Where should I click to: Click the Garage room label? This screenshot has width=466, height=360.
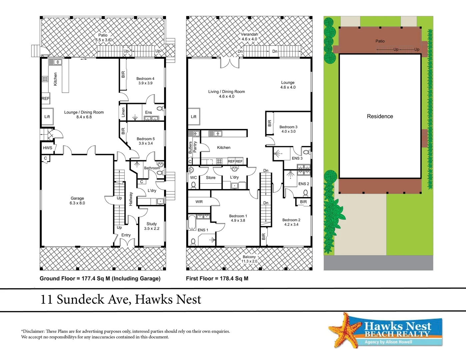coord(77,200)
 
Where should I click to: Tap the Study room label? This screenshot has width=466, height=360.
coord(152,226)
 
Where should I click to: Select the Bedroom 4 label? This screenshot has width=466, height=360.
coord(145,81)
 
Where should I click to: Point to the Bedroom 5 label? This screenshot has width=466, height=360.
coord(146,141)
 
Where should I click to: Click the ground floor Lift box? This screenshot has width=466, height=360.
coord(47,117)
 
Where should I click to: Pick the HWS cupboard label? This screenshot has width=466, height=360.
coord(47,148)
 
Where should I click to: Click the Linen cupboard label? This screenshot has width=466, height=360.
coord(123,112)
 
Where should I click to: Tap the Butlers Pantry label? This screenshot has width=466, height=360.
coord(193,147)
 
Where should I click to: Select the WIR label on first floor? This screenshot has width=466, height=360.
coord(199,202)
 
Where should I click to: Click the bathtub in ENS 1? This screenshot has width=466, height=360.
coord(192,222)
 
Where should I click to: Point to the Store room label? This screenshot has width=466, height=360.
coord(210,178)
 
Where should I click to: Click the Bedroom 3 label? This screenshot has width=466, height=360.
coord(288,129)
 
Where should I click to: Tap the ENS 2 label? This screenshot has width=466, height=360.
coord(303,184)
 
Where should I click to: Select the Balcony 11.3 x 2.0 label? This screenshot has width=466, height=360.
coord(249,259)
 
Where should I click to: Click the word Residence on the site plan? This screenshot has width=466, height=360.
coord(380,116)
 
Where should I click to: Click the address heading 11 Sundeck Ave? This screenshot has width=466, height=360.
coord(121,299)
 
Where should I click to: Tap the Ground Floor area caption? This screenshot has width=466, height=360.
coord(100,278)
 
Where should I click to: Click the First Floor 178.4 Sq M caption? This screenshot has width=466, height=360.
coord(217,278)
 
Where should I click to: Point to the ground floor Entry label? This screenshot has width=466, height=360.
coord(126,235)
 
